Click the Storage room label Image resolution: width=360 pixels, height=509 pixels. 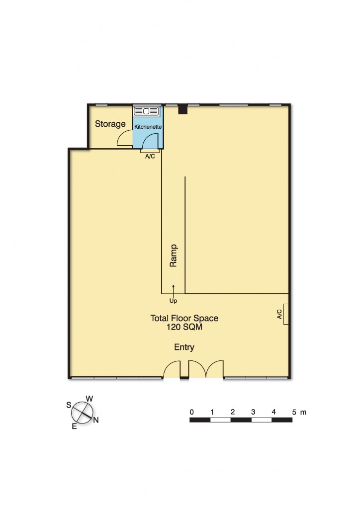(x=110, y=124)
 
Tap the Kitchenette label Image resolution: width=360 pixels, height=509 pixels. (x=148, y=127)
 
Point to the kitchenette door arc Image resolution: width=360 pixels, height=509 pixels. (x=151, y=140)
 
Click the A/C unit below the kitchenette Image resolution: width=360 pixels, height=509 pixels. (x=149, y=151)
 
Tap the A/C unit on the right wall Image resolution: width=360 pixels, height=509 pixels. (x=286, y=314)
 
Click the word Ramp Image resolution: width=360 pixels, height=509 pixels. (x=174, y=256)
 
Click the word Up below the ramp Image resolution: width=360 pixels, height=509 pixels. (x=173, y=301)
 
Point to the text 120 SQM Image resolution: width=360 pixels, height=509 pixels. (x=184, y=328)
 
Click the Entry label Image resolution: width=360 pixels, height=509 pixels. (x=184, y=347)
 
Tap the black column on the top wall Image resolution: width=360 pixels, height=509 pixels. (x=183, y=108)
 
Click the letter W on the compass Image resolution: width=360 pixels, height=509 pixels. (x=90, y=398)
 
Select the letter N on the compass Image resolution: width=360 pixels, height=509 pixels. (x=96, y=420)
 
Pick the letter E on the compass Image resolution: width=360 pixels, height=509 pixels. (x=74, y=426)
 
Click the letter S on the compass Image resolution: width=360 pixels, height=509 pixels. (x=69, y=405)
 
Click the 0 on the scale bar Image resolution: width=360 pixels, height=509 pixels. (x=191, y=412)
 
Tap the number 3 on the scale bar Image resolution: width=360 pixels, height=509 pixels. (x=253, y=412)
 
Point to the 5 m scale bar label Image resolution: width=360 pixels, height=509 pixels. (x=299, y=412)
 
